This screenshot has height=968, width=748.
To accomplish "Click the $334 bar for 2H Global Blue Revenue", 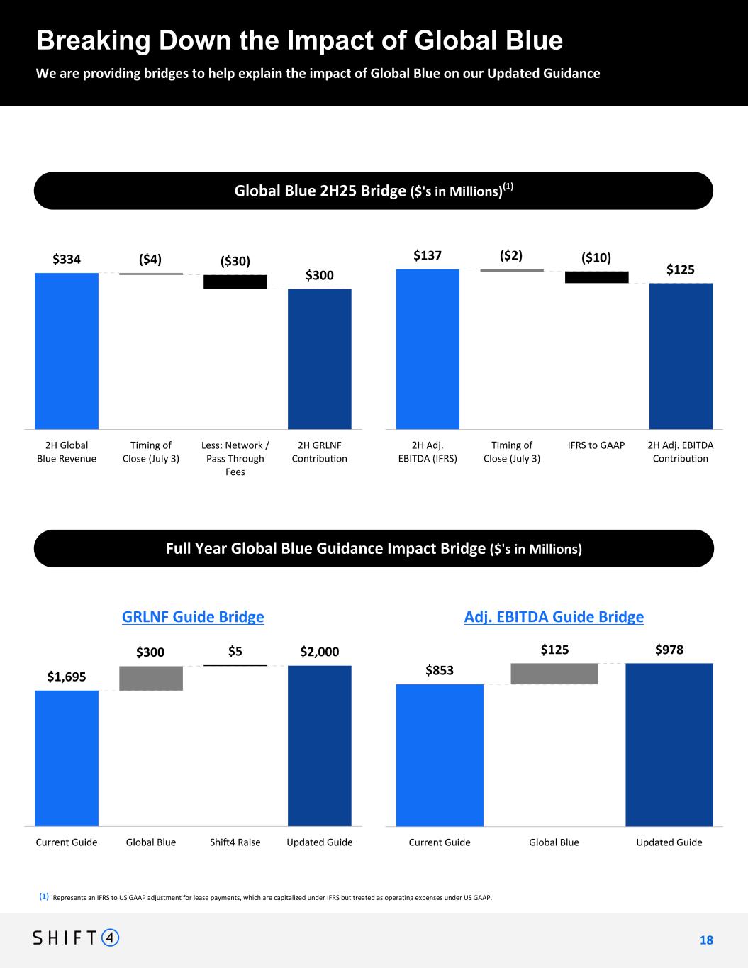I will tap(67, 350).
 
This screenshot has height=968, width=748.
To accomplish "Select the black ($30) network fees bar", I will tap(235, 282).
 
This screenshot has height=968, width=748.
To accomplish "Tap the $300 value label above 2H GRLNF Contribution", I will tap(319, 275).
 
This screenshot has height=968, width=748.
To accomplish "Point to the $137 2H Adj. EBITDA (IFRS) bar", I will tap(428, 349).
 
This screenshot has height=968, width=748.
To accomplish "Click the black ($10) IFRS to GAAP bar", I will tap(596, 277).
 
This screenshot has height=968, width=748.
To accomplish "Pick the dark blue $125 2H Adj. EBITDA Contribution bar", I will tap(681, 356).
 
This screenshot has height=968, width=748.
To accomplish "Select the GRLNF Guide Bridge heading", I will tap(193, 617).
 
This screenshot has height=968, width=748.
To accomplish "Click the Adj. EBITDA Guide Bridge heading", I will tap(554, 617).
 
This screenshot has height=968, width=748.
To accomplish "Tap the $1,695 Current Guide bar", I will tap(67, 758).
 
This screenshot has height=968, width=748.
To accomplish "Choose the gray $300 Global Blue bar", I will tap(151, 678).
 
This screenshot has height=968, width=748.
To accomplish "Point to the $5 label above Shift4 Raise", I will tap(235, 651).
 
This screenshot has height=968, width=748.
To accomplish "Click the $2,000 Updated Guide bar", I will tap(319, 745).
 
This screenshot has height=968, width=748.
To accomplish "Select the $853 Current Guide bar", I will tap(440, 755).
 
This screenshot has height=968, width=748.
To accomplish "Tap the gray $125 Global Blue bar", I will tap(554, 674).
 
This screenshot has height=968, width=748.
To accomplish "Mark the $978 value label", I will tap(669, 649).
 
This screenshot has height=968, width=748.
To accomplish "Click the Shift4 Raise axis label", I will tap(235, 842).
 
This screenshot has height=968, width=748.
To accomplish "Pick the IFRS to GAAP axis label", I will tap(596, 445).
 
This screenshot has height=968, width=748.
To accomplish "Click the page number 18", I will tap(706, 940).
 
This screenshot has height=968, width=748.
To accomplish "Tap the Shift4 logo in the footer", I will tap(77, 938).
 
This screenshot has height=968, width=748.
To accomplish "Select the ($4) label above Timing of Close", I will tap(150, 260).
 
